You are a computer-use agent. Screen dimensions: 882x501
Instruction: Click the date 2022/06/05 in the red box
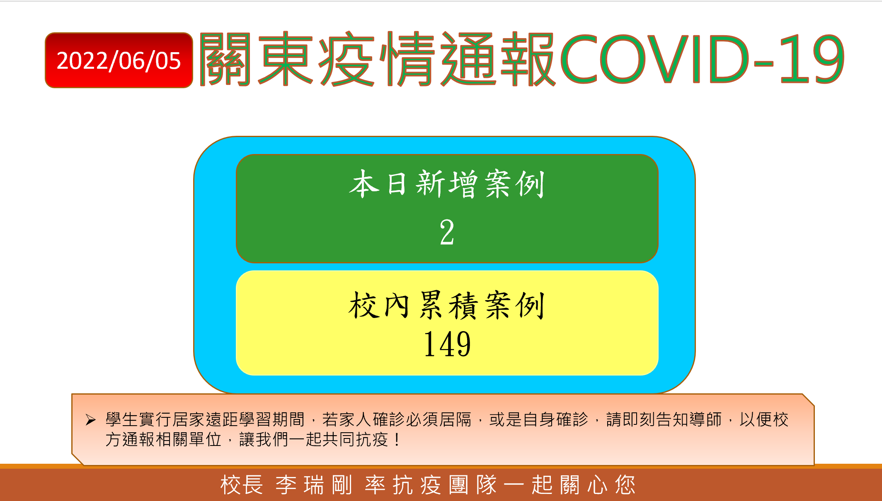119,61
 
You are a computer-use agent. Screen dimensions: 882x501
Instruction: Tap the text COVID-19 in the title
702,59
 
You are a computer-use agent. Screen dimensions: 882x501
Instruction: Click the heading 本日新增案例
447,184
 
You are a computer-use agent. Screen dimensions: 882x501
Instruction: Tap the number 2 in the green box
447,232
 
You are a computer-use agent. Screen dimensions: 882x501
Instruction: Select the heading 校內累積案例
447,305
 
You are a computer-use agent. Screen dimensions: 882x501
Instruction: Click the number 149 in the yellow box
447,344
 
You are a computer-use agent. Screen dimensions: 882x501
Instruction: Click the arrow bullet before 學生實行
90,420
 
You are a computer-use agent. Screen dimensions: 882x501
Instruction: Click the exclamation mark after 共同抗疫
397,439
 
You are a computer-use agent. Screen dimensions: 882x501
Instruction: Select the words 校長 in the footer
242,485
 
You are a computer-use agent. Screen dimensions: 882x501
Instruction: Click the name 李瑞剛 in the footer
314,485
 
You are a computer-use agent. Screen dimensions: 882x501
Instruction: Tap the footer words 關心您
598,485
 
